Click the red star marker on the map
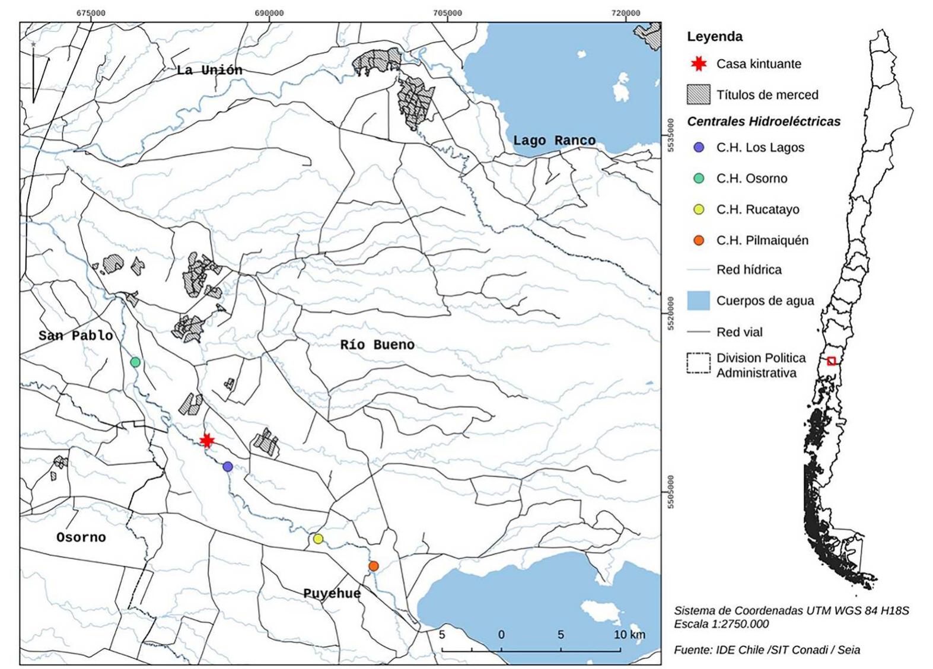(206, 441)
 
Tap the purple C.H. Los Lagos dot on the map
(228, 467)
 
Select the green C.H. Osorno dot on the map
(135, 362)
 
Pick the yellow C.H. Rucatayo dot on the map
(318, 539)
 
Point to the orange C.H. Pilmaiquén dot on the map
(374, 566)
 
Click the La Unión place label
(209, 70)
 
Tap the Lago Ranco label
(554, 141)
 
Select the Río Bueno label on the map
(377, 345)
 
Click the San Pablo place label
(75, 336)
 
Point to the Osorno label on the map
(81, 537)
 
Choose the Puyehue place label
(332, 593)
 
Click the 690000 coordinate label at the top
(269, 13)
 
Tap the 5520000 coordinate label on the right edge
(670, 314)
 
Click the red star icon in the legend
(699, 63)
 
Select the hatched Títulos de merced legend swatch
(698, 94)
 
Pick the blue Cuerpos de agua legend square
(698, 301)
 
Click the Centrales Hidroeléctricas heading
(763, 122)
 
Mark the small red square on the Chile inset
(832, 361)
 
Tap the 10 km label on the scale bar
(629, 635)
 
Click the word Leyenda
(714, 37)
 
